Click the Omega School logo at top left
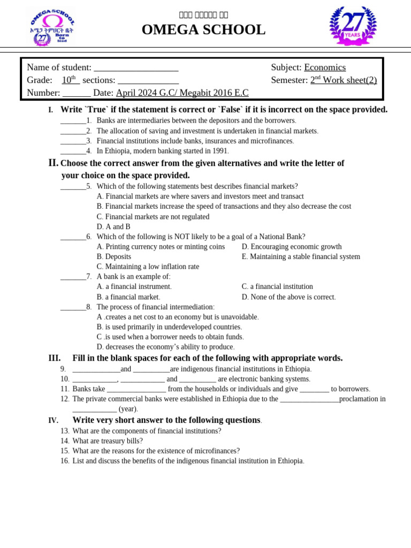tap(51, 27)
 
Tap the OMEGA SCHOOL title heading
tap(203, 30)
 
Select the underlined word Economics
tap(325, 67)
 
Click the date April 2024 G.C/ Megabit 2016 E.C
tap(182, 93)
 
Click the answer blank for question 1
tap(73, 121)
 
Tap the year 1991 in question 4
tap(220, 151)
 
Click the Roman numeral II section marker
tap(53, 163)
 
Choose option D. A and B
tap(113, 227)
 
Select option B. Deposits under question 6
tap(114, 257)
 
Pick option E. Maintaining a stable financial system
tap(301, 257)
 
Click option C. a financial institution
tap(277, 287)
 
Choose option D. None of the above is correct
tap(288, 297)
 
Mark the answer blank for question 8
tap(73, 307)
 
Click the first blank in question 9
tap(96, 369)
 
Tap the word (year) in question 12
tap(128, 409)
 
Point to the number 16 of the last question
tap(65, 461)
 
